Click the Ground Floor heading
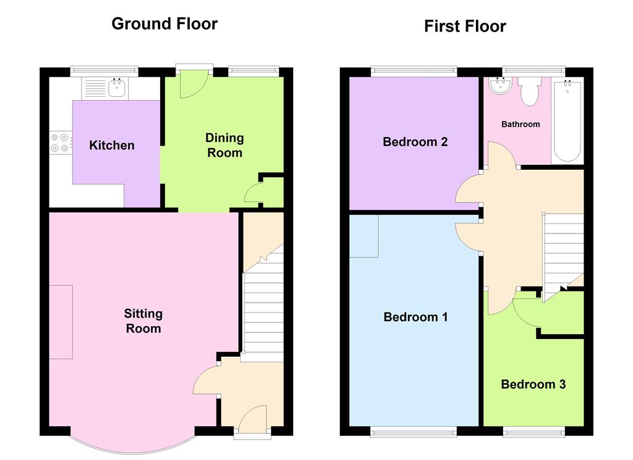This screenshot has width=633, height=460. pos(164,24)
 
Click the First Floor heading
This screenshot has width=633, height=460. pos(465,27)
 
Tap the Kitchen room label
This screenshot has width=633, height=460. pos(112,146)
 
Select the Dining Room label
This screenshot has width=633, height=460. pos(224,145)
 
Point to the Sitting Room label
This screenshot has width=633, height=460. pos(143,321)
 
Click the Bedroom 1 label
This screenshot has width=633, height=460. pos(415,317)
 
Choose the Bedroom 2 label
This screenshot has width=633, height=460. pos(415,142)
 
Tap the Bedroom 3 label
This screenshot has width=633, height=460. pos(533,385)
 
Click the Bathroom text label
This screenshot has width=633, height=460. pos(520,124)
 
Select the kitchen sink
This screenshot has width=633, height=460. pos(117,88)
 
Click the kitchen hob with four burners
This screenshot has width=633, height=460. pos(61,143)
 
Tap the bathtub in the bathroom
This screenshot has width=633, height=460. pos(567,121)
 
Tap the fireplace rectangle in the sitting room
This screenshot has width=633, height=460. pos(61,322)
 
